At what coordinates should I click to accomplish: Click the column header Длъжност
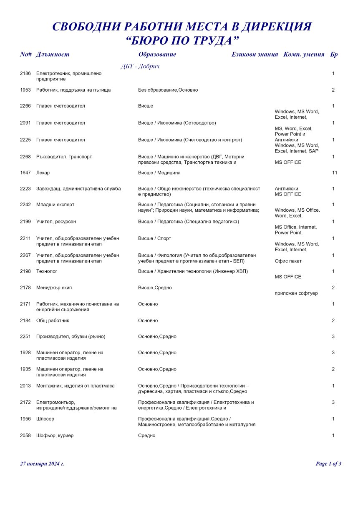coord(53,55)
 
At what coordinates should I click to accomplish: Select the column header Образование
coord(157,55)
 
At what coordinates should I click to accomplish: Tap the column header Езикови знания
coord(255,55)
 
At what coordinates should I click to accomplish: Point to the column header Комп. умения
coord(304,55)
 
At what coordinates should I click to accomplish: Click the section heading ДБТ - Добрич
coord(140,67)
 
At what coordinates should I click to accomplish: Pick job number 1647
coord(25,173)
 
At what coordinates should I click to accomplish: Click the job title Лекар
coord(43,173)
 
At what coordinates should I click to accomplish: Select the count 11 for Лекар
coord(334,173)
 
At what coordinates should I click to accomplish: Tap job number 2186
coord(25,73)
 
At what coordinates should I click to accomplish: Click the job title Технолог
coord(47,271)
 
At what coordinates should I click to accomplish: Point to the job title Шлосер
coord(45,419)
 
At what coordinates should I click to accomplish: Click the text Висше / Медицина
coord(159,173)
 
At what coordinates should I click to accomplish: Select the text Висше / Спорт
coord(154,238)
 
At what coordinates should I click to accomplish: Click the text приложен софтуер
coord(296,293)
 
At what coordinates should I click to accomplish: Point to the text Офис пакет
coord(288,261)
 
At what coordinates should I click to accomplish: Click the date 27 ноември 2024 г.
coord(42,463)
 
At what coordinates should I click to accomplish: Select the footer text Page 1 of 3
coord(328,463)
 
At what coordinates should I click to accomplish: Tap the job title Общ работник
coord(53,320)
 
